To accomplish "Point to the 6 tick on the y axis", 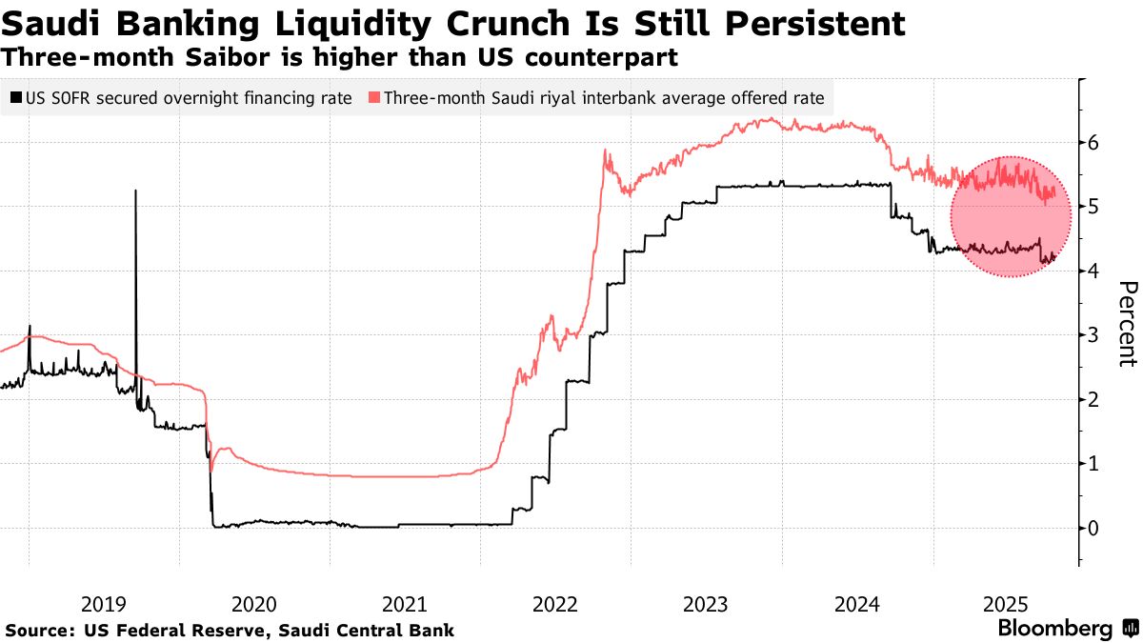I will pos(1094,143).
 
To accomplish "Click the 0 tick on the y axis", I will pos(1094,528).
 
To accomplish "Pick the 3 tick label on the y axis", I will pos(1094,335).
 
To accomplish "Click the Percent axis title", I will pos(1126,324).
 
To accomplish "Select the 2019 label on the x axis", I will pos(103,603).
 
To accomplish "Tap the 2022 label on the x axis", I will pos(555,603).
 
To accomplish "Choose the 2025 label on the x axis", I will pos(1005,603).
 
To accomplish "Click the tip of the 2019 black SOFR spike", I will pos(135,191).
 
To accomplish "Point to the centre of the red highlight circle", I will pos(1011,216).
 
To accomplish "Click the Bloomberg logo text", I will pos(1054,629).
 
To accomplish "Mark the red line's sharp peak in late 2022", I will pos(605,151).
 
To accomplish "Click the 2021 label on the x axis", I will pos(404,603).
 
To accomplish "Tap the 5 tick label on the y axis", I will pos(1094,207).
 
